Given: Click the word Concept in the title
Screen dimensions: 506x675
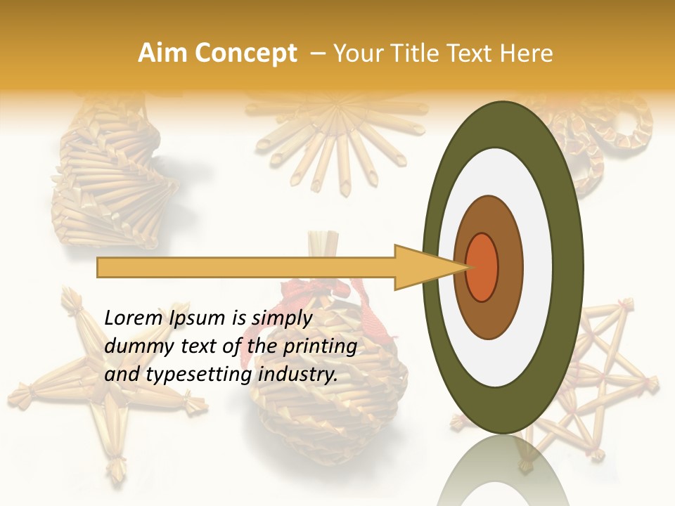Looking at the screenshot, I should click(246, 53).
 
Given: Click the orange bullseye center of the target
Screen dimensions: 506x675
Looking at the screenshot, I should click(482, 267).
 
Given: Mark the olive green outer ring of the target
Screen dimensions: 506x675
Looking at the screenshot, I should click(571, 267).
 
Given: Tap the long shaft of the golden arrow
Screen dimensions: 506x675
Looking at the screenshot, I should click(246, 267).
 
